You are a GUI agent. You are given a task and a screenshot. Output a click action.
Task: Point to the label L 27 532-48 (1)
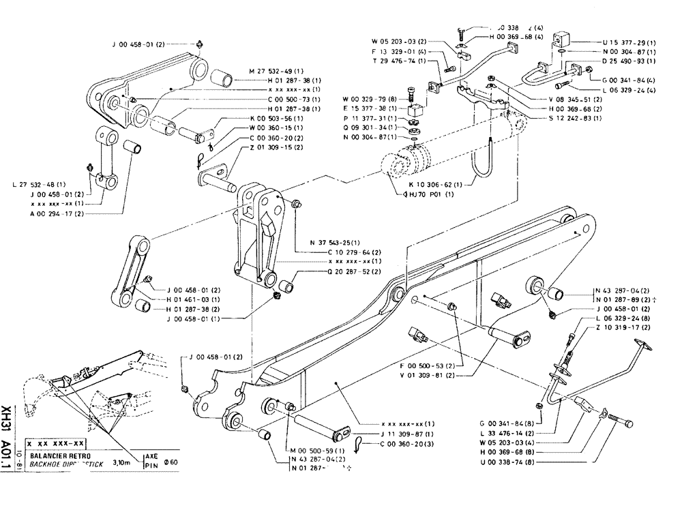40,185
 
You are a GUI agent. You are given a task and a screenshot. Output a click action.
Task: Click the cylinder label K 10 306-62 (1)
434,184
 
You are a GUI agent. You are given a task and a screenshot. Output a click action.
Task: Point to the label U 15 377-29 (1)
619,42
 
